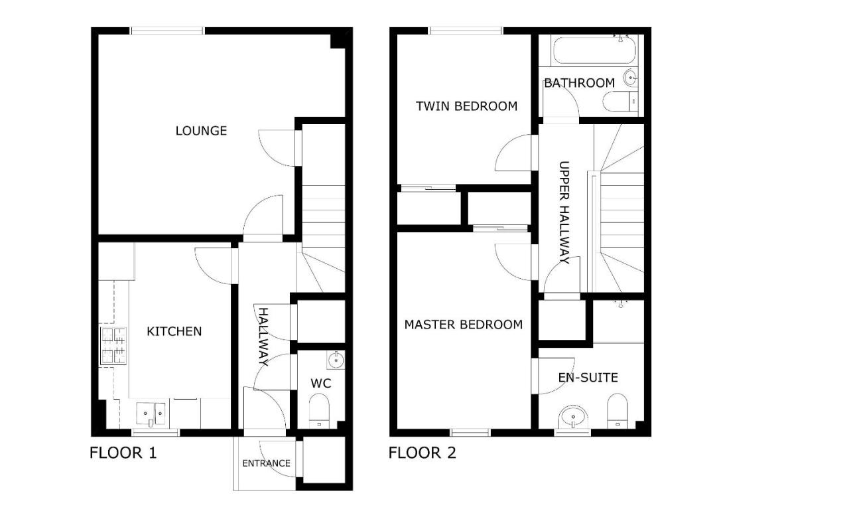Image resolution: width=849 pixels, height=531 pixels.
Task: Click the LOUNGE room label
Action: click(201, 131)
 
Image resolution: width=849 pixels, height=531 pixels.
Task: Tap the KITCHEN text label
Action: click(174, 331)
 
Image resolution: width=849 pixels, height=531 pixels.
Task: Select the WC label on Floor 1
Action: click(320, 384)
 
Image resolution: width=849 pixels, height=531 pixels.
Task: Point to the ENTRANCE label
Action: click(266, 463)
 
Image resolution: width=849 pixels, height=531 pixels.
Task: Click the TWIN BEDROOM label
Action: click(466, 106)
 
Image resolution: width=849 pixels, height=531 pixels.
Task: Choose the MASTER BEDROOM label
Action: click(463, 325)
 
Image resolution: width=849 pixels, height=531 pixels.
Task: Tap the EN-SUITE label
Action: click(588, 378)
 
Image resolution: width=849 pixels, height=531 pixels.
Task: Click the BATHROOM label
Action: click(579, 83)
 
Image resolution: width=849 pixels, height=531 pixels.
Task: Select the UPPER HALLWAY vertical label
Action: click(564, 212)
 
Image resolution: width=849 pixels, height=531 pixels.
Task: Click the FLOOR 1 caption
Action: click(123, 453)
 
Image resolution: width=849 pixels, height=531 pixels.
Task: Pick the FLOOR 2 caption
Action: click(422, 453)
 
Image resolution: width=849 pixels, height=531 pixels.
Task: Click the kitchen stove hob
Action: click(113, 345)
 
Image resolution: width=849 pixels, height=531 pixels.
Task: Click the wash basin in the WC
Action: click(336, 360)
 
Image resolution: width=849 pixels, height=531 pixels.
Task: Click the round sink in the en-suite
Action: click(572, 418)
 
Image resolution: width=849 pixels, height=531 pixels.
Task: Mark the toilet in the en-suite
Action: click(618, 410)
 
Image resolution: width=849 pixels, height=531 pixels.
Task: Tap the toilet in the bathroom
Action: click(620, 102)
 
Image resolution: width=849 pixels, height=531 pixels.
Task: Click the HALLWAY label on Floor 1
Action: click(263, 337)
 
